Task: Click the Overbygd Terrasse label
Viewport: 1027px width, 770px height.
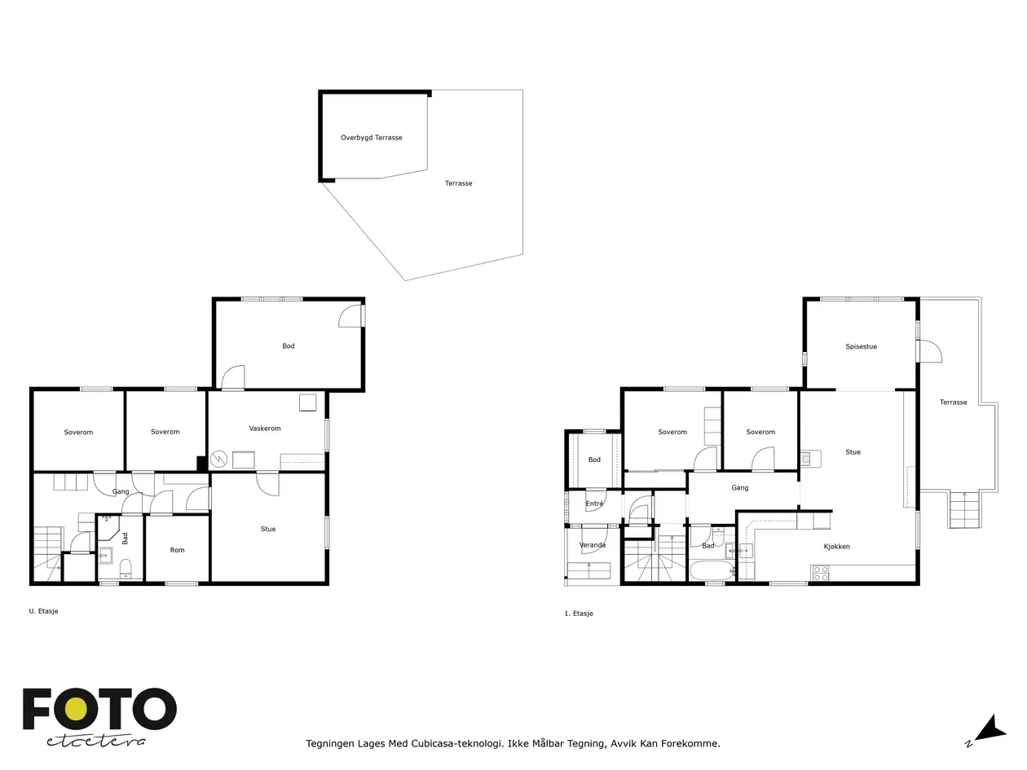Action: click(371, 138)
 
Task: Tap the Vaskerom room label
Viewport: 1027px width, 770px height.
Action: click(265, 429)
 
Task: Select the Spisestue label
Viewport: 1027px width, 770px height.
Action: click(861, 346)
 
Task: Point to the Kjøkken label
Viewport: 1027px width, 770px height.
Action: click(836, 546)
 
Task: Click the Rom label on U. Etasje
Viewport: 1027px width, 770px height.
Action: click(177, 550)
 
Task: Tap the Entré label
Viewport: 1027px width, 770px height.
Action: click(594, 504)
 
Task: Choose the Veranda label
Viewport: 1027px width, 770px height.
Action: click(593, 544)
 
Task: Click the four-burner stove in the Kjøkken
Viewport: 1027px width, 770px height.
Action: click(820, 574)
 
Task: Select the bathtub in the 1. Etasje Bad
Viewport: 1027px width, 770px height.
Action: click(712, 571)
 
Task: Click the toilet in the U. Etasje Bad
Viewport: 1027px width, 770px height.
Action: click(126, 569)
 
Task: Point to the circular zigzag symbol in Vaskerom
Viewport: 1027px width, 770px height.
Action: click(218, 459)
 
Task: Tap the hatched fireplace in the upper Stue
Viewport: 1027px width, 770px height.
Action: click(805, 459)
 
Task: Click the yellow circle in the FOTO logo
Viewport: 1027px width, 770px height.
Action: click(76, 711)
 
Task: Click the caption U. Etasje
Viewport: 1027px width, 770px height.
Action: click(43, 611)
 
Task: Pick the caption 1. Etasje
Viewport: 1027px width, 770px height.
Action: click(579, 614)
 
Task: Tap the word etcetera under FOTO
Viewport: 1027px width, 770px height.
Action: click(96, 741)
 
